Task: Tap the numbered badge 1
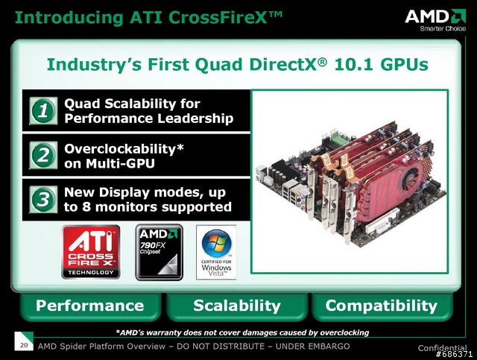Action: point(43,111)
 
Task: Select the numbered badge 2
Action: point(43,155)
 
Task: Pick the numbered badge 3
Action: point(43,200)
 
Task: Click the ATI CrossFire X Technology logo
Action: point(91,252)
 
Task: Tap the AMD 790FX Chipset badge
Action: point(159,252)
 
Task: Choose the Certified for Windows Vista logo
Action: point(216,252)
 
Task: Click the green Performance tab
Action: point(90,306)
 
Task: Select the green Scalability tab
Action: point(237,306)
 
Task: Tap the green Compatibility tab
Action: point(382,306)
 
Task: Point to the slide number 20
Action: point(24,345)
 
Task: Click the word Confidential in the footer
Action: point(442,348)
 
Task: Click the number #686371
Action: point(454,354)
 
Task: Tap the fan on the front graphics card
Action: point(412,177)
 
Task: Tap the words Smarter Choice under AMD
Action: point(443,28)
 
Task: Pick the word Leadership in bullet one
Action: point(195,119)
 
